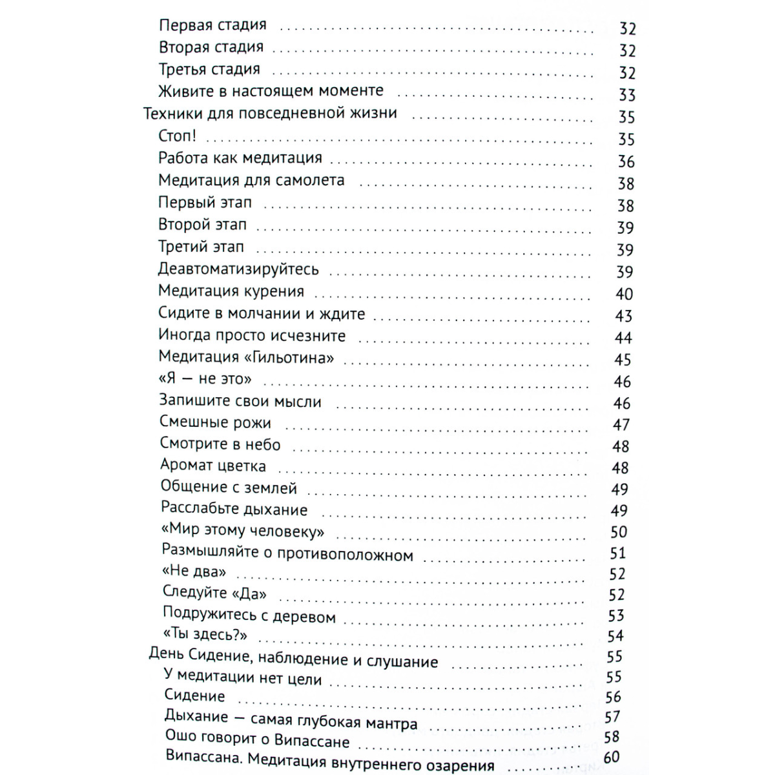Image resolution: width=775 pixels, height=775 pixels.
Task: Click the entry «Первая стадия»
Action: coord(212,26)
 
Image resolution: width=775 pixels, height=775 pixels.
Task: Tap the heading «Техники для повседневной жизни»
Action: coord(270,114)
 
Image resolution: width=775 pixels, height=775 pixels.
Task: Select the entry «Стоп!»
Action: coord(177,136)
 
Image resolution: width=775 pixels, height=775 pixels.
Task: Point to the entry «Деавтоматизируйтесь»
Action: coord(238,269)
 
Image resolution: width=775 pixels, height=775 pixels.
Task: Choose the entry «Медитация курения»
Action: coord(231,291)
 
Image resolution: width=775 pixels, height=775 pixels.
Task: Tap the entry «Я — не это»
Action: coord(205,379)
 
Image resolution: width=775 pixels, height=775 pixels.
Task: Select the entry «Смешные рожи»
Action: coord(216,423)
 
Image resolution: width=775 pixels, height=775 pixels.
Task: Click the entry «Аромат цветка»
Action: coord(213,466)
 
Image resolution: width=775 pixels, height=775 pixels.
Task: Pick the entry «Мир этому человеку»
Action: coord(242,532)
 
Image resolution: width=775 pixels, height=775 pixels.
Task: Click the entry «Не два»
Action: coord(194,572)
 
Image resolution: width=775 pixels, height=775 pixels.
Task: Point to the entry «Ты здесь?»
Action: coord(205,635)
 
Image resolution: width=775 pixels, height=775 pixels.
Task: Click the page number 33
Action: coord(627,95)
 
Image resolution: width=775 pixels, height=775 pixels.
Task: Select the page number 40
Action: coord(624,294)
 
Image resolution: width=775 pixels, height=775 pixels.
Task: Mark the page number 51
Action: coord(618,553)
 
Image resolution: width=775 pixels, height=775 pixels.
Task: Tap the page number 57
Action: coord(612,717)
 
